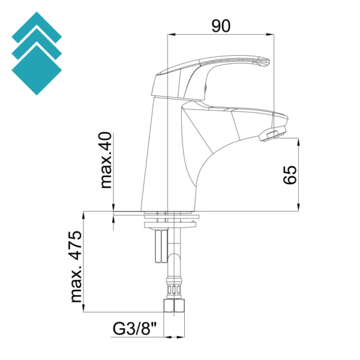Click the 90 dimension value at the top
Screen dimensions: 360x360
tap(220, 26)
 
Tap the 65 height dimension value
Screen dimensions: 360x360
tap(290, 175)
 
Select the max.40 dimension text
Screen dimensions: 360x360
tap(106, 160)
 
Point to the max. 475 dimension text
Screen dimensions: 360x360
tap(76, 266)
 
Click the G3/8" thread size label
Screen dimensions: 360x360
tap(134, 329)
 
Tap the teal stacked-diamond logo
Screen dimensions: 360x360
tap(37, 53)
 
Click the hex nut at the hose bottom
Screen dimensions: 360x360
tap(174, 305)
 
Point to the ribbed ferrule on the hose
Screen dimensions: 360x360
tap(174, 289)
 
